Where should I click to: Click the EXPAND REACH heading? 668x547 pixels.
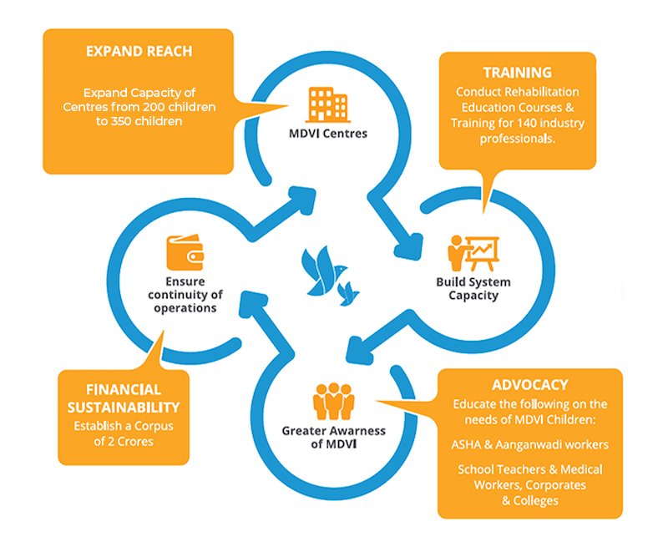[139, 51]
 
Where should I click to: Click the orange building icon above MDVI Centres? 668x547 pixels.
[327, 103]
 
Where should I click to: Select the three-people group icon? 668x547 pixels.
[334, 402]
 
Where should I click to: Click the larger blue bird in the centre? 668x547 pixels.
[321, 271]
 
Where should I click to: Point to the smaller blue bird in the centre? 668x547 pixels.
[352, 290]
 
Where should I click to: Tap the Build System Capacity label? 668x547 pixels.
[473, 288]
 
